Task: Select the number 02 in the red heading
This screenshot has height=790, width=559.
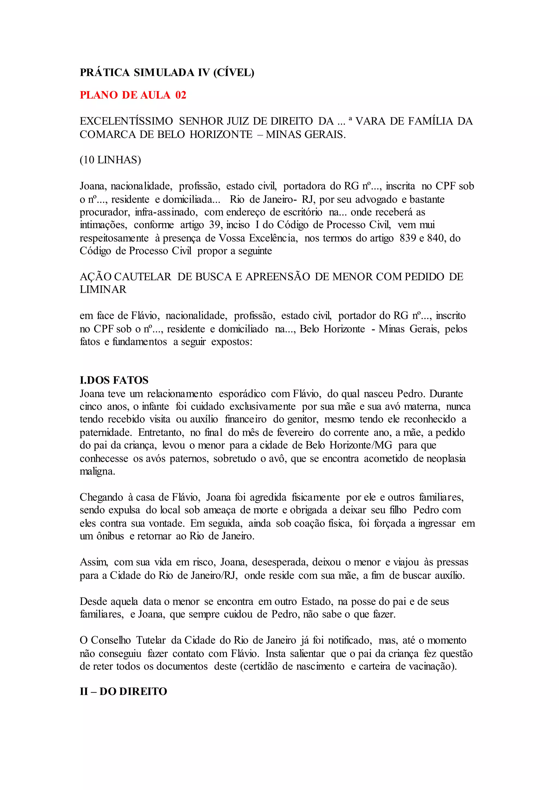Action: point(181,95)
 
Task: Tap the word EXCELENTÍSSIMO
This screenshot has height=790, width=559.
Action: point(126,121)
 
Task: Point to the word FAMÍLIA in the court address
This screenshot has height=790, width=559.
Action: point(431,121)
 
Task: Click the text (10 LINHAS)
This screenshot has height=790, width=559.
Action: point(110,160)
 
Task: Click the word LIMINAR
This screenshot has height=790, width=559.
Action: point(103,290)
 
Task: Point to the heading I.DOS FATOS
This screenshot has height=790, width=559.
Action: point(114,380)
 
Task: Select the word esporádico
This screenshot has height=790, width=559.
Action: point(242,394)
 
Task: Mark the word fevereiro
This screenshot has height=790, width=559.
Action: point(295,432)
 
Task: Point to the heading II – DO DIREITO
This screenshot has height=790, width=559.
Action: point(123,692)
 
